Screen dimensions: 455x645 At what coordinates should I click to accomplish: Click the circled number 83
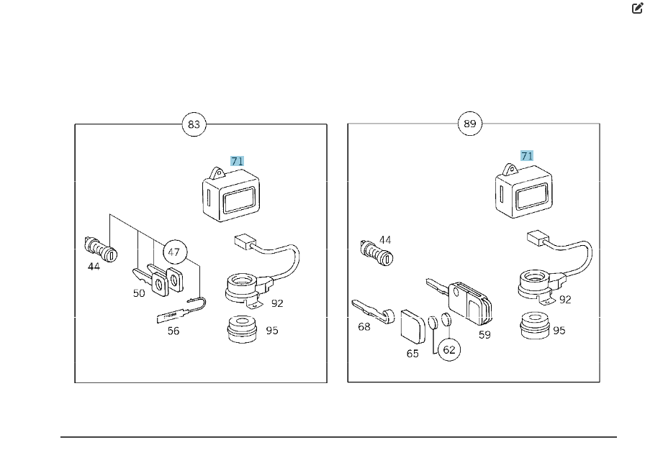pos(194,124)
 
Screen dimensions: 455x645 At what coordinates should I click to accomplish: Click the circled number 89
pos(469,124)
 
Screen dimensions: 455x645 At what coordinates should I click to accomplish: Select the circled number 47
pos(173,252)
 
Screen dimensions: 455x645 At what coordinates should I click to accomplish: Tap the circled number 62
pos(449,350)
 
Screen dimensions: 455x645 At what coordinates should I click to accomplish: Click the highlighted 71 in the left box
pos(237,161)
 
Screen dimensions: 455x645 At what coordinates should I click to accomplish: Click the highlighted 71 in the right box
pos(527,155)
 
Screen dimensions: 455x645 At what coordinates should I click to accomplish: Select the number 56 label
pos(173,331)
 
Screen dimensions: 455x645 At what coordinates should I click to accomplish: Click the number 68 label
pos(364,327)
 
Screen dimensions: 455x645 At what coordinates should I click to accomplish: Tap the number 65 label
pos(412,354)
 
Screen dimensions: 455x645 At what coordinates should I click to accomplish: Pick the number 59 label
pos(484,334)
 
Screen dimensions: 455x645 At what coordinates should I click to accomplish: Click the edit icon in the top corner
pos(637,9)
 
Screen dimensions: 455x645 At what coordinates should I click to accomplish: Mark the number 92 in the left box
pos(277,303)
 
